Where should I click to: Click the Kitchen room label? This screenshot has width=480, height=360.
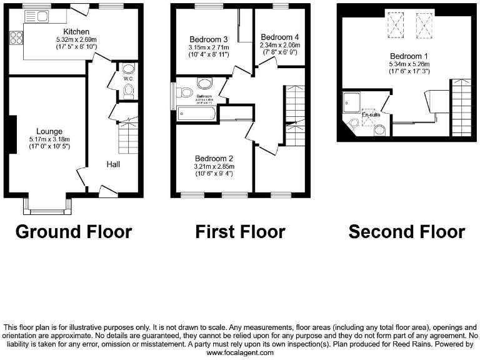[76, 31]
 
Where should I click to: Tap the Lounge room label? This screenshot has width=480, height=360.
[49, 131]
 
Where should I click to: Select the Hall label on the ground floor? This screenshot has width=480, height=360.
[112, 164]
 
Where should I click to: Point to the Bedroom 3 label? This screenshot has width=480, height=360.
[209, 39]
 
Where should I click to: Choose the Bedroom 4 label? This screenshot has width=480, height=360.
[280, 36]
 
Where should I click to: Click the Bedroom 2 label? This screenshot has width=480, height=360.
[214, 158]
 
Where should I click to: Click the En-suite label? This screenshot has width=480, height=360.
[370, 114]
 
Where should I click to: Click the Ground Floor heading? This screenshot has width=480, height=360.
[74, 232]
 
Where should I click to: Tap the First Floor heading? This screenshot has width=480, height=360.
[240, 232]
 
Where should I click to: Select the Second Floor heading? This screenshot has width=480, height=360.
[406, 232]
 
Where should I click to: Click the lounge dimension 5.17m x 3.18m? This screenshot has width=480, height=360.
[49, 139]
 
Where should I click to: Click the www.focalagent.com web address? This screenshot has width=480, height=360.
[240, 353]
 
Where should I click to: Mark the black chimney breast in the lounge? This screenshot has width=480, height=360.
[12, 134]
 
